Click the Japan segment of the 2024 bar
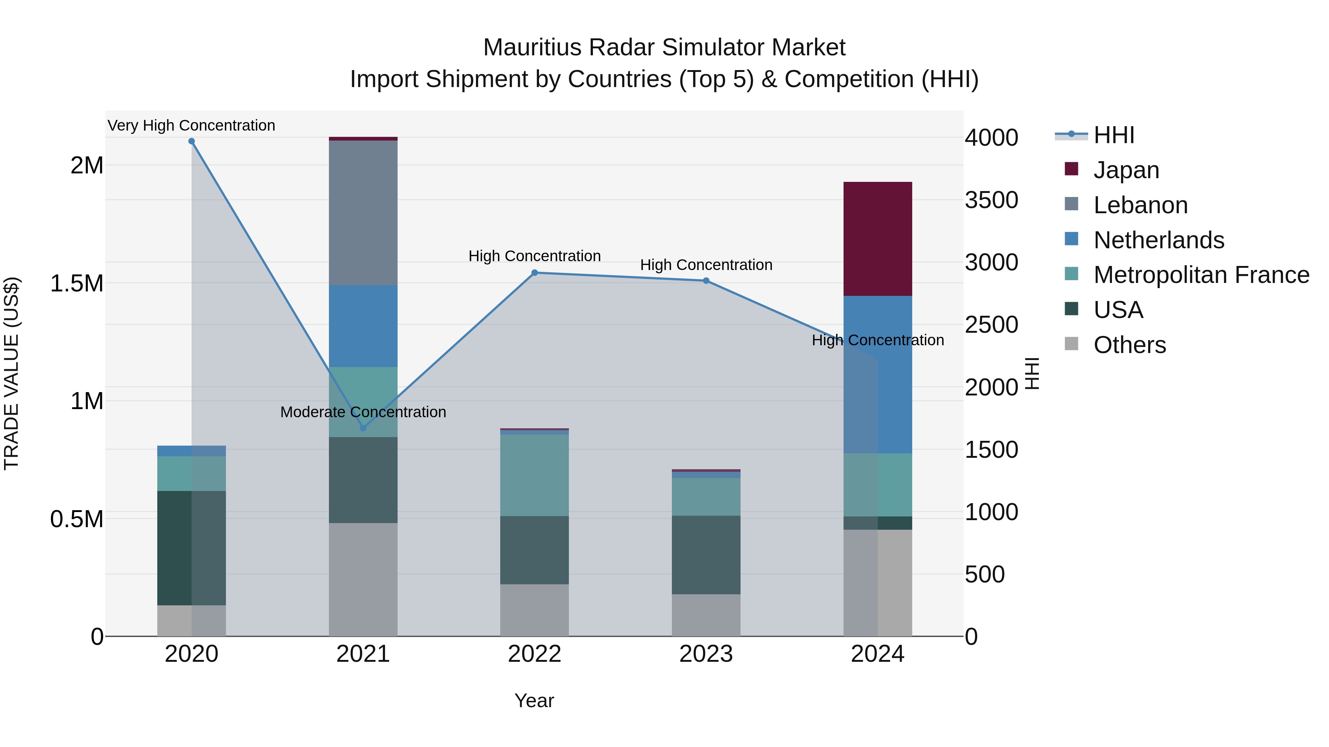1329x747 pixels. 877,239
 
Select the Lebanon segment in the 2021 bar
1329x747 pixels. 363,212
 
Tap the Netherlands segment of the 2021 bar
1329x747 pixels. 363,326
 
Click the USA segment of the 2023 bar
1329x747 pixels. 706,555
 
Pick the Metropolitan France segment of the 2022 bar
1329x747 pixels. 535,475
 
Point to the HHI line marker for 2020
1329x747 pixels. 191,141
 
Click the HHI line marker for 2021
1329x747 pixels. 363,428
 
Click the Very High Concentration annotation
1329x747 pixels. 191,125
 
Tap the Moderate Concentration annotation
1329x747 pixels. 363,412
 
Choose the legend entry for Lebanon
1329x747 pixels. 1140,205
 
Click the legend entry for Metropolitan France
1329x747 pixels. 1201,275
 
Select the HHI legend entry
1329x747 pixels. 1113,135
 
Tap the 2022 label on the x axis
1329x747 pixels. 535,654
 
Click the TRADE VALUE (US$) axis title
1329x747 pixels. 11,373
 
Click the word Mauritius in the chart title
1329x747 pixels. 531,48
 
